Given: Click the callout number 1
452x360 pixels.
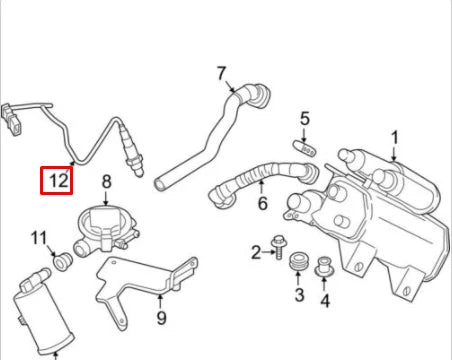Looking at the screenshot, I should click(394, 137).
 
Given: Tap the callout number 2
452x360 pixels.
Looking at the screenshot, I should click(255, 251).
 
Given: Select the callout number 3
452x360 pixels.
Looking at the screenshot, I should click(298, 295).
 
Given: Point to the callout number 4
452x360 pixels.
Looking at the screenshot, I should click(325, 300).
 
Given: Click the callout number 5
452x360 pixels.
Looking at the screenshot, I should click(305, 119).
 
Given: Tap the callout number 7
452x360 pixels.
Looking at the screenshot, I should click(222, 72).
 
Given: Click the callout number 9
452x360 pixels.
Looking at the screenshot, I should click(159, 319).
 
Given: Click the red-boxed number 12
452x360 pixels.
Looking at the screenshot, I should click(58, 181).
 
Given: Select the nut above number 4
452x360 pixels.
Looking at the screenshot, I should click(324, 268).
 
